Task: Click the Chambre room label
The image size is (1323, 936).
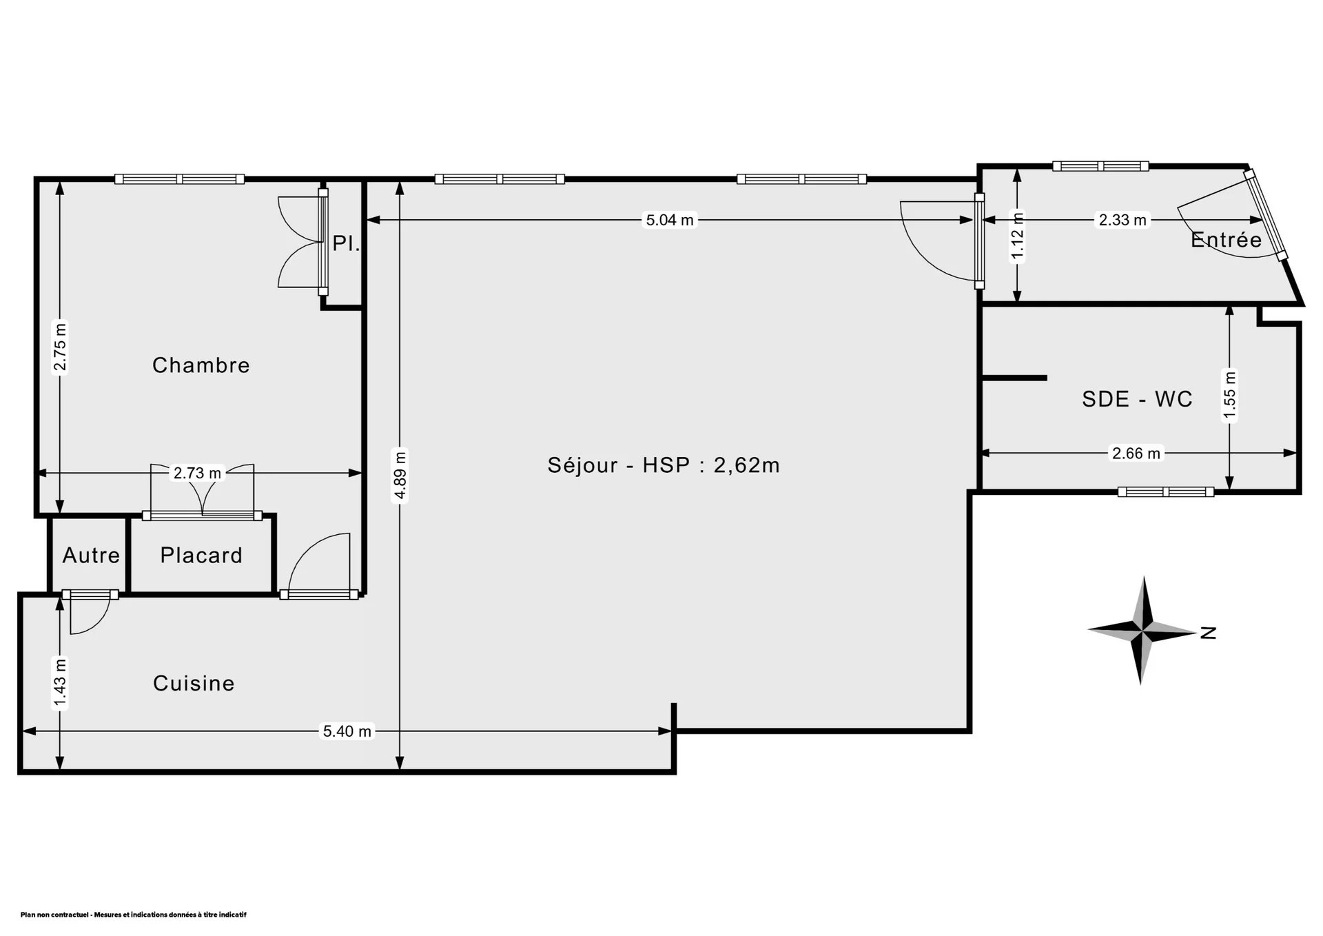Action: (x=201, y=365)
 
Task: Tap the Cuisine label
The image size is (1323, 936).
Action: (x=194, y=683)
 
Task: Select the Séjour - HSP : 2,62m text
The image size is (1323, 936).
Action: (x=664, y=465)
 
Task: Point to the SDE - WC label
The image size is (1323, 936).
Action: (x=1137, y=399)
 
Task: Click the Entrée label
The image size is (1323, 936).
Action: (x=1227, y=239)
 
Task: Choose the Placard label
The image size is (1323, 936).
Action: (x=201, y=556)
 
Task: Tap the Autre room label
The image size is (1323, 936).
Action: (x=91, y=556)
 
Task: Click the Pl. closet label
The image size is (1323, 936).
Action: (x=346, y=243)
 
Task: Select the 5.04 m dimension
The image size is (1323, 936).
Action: (x=669, y=221)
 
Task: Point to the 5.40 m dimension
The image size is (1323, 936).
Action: (x=347, y=731)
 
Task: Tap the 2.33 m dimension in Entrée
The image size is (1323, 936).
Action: (x=1122, y=220)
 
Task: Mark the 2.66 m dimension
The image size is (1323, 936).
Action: (x=1136, y=453)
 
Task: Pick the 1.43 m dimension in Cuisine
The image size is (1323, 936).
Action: (x=61, y=683)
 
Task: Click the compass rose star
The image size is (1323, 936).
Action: (x=1142, y=631)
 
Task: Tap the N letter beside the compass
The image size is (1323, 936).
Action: (x=1208, y=633)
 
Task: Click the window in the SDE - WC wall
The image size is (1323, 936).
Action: (x=1166, y=491)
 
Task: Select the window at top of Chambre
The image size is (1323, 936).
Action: (x=179, y=179)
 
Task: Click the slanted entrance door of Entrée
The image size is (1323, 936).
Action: (x=1265, y=214)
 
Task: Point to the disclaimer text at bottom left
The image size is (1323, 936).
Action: (x=134, y=915)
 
